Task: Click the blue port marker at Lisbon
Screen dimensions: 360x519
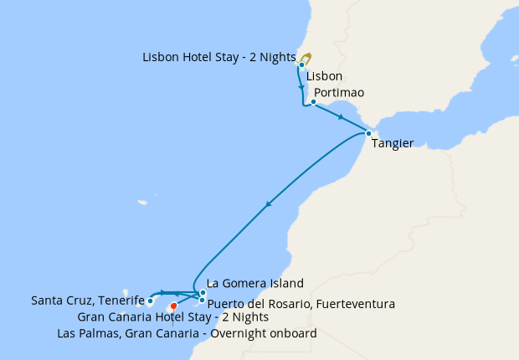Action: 301,64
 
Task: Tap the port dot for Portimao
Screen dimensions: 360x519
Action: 312,103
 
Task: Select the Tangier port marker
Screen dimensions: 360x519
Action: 368,133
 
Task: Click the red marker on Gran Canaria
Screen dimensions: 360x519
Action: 173,306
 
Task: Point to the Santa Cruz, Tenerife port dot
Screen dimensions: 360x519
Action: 150,301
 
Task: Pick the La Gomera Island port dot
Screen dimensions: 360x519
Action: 203,293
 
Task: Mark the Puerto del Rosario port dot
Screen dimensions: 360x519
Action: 203,300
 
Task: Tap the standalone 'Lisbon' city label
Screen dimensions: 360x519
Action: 325,76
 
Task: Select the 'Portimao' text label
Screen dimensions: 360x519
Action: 340,92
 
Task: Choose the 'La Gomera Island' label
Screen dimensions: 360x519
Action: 254,283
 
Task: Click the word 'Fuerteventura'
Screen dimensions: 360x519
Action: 355,303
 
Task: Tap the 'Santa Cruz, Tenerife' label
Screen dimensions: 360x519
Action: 87,300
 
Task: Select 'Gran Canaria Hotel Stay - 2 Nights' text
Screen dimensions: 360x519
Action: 172,317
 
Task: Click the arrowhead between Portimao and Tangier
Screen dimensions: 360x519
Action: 341,118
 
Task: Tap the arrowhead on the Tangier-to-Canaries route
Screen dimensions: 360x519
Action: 268,203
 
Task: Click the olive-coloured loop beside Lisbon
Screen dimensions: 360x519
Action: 306,58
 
